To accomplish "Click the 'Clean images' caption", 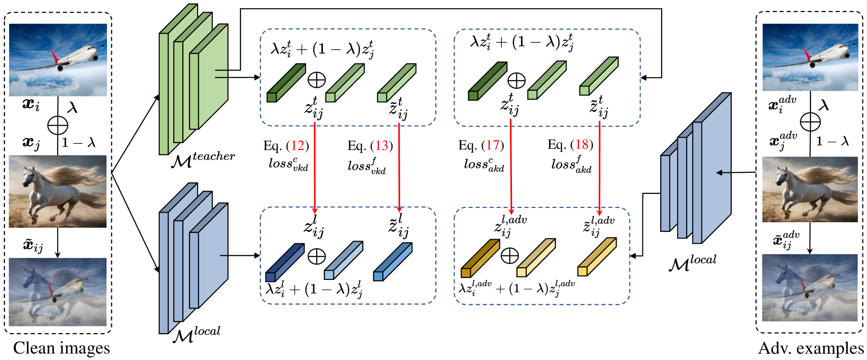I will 61,348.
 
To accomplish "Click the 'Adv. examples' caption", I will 811,348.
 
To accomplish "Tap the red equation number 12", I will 298,145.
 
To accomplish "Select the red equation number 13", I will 382,145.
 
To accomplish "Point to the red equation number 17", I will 493,145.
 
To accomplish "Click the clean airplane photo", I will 58,60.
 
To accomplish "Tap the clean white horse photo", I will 58,191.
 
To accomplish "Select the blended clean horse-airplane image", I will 58,292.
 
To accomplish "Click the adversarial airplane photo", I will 810,57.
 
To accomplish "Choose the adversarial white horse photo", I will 810,189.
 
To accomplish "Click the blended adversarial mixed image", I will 810,288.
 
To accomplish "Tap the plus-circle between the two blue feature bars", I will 316,256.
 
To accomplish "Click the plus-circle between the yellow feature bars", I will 510,255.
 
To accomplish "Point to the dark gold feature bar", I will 479,258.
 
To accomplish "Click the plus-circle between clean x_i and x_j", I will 58,126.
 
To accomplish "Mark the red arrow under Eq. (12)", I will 315,168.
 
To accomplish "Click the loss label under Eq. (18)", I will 571,165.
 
